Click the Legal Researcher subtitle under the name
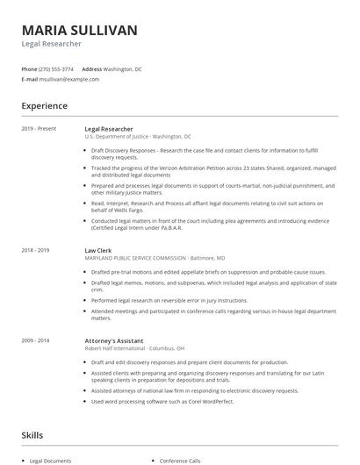click(x=52, y=44)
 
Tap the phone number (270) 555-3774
click(x=57, y=68)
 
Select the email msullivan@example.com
click(x=69, y=79)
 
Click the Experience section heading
click(x=45, y=106)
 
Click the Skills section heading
click(x=32, y=435)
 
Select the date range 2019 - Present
click(x=39, y=129)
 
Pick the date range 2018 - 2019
click(x=36, y=250)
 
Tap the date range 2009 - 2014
click(x=36, y=340)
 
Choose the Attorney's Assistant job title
click(x=114, y=340)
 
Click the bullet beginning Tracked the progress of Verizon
click(x=211, y=171)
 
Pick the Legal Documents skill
click(x=51, y=461)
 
